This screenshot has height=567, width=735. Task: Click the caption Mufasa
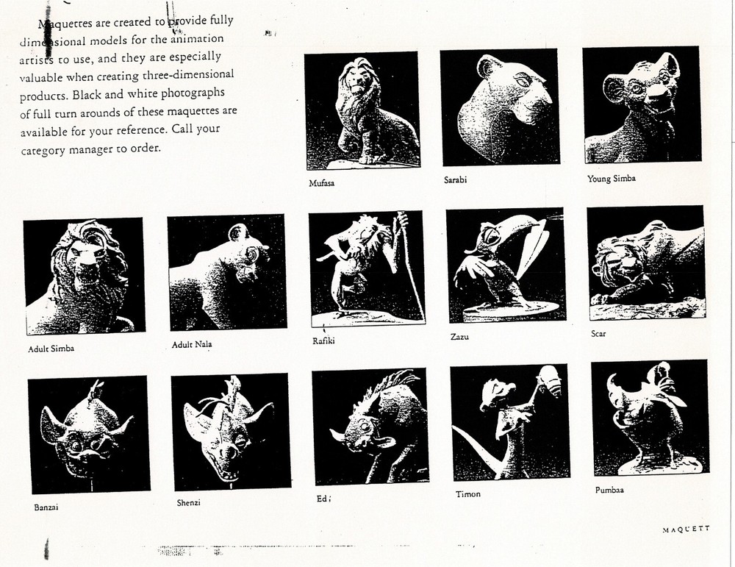[x=321, y=183]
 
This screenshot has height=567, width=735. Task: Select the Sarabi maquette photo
[x=499, y=107]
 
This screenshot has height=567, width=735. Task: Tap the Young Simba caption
[x=612, y=179]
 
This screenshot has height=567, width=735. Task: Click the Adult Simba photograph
[x=84, y=276]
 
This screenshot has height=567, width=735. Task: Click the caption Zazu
[x=459, y=337]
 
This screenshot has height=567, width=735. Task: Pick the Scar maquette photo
[x=646, y=262]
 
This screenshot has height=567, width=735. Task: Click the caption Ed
[x=322, y=499]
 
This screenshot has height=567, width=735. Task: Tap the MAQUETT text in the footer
[x=686, y=529]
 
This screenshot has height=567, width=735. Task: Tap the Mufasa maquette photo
[x=362, y=110]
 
